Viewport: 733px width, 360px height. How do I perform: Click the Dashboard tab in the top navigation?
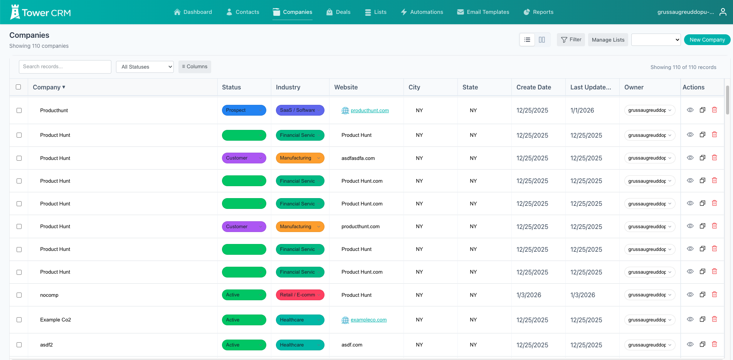tap(193, 12)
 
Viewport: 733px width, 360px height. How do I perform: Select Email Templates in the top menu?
tap(483, 12)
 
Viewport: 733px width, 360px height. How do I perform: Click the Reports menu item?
tap(538, 12)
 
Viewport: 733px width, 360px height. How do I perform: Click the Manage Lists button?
tap(608, 40)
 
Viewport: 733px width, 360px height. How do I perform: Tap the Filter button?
tap(571, 40)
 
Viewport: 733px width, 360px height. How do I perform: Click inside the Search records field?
tap(65, 67)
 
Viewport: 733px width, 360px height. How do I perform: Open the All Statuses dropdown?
tap(145, 67)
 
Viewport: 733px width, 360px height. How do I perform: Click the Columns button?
tap(195, 67)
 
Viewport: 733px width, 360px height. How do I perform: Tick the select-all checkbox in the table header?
tap(18, 87)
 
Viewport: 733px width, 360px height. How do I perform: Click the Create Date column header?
tap(533, 87)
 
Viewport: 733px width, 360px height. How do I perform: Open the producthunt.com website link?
tap(369, 111)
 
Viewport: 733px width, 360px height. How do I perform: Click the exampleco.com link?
tap(368, 320)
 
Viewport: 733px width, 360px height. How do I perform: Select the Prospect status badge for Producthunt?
tap(244, 110)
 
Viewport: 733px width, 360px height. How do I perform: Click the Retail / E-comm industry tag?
tap(299, 295)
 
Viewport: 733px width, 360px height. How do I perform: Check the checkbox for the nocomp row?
tap(19, 295)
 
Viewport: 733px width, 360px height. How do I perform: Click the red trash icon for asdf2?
tap(714, 344)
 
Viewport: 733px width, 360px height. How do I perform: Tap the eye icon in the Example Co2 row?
tap(690, 319)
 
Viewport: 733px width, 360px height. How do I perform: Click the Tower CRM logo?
tap(40, 12)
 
